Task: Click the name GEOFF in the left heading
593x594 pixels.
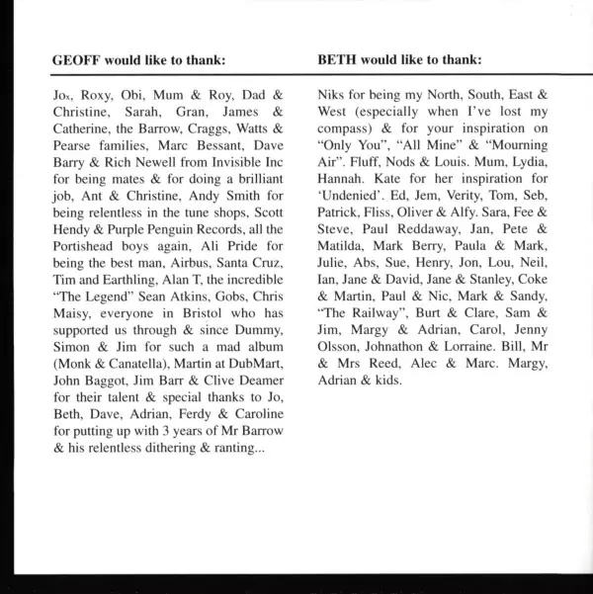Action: point(76,59)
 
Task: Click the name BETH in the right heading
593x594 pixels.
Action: point(337,59)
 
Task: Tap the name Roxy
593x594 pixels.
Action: point(93,97)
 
